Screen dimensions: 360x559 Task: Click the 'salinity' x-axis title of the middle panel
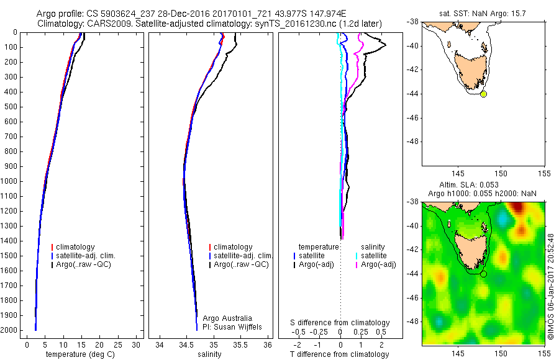point(209,354)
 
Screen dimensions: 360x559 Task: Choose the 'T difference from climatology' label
point(339,354)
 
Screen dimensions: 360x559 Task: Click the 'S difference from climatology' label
point(340,323)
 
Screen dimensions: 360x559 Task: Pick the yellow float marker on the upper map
point(483,94)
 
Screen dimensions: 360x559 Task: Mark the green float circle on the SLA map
point(483,274)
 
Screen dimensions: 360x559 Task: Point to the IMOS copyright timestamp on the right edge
point(551,286)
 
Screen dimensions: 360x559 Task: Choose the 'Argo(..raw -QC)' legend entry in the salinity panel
point(240,264)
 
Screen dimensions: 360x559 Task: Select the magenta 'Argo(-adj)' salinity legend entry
point(378,264)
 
